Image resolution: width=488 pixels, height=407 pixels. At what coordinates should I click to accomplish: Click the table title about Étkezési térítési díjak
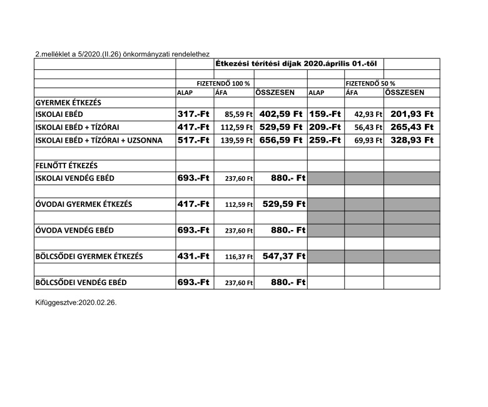(298, 63)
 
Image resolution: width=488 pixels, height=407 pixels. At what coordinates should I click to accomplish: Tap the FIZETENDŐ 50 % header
(370, 83)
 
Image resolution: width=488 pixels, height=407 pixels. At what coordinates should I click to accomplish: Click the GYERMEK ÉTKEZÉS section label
(68, 102)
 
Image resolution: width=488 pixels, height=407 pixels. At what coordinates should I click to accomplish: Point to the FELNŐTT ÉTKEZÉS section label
(66, 166)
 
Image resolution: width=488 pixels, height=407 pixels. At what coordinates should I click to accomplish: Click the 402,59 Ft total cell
(281, 114)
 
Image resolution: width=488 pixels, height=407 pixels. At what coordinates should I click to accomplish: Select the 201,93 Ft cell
(412, 114)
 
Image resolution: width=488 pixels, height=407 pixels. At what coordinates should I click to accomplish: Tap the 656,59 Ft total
(281, 140)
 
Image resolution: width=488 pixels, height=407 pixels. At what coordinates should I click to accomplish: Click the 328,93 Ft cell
(412, 140)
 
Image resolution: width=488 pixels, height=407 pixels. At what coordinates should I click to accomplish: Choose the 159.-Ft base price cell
(325, 114)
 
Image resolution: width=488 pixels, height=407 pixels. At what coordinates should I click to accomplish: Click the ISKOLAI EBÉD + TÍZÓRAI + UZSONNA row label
(99, 141)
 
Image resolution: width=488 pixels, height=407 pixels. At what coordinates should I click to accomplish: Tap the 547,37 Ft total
(283, 256)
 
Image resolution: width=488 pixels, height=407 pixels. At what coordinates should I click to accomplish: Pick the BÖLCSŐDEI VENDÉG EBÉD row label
(81, 283)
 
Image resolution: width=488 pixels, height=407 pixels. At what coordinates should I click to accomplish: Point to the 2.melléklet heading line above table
(122, 54)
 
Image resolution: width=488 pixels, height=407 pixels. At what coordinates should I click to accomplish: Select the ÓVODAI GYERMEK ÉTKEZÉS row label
(83, 204)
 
